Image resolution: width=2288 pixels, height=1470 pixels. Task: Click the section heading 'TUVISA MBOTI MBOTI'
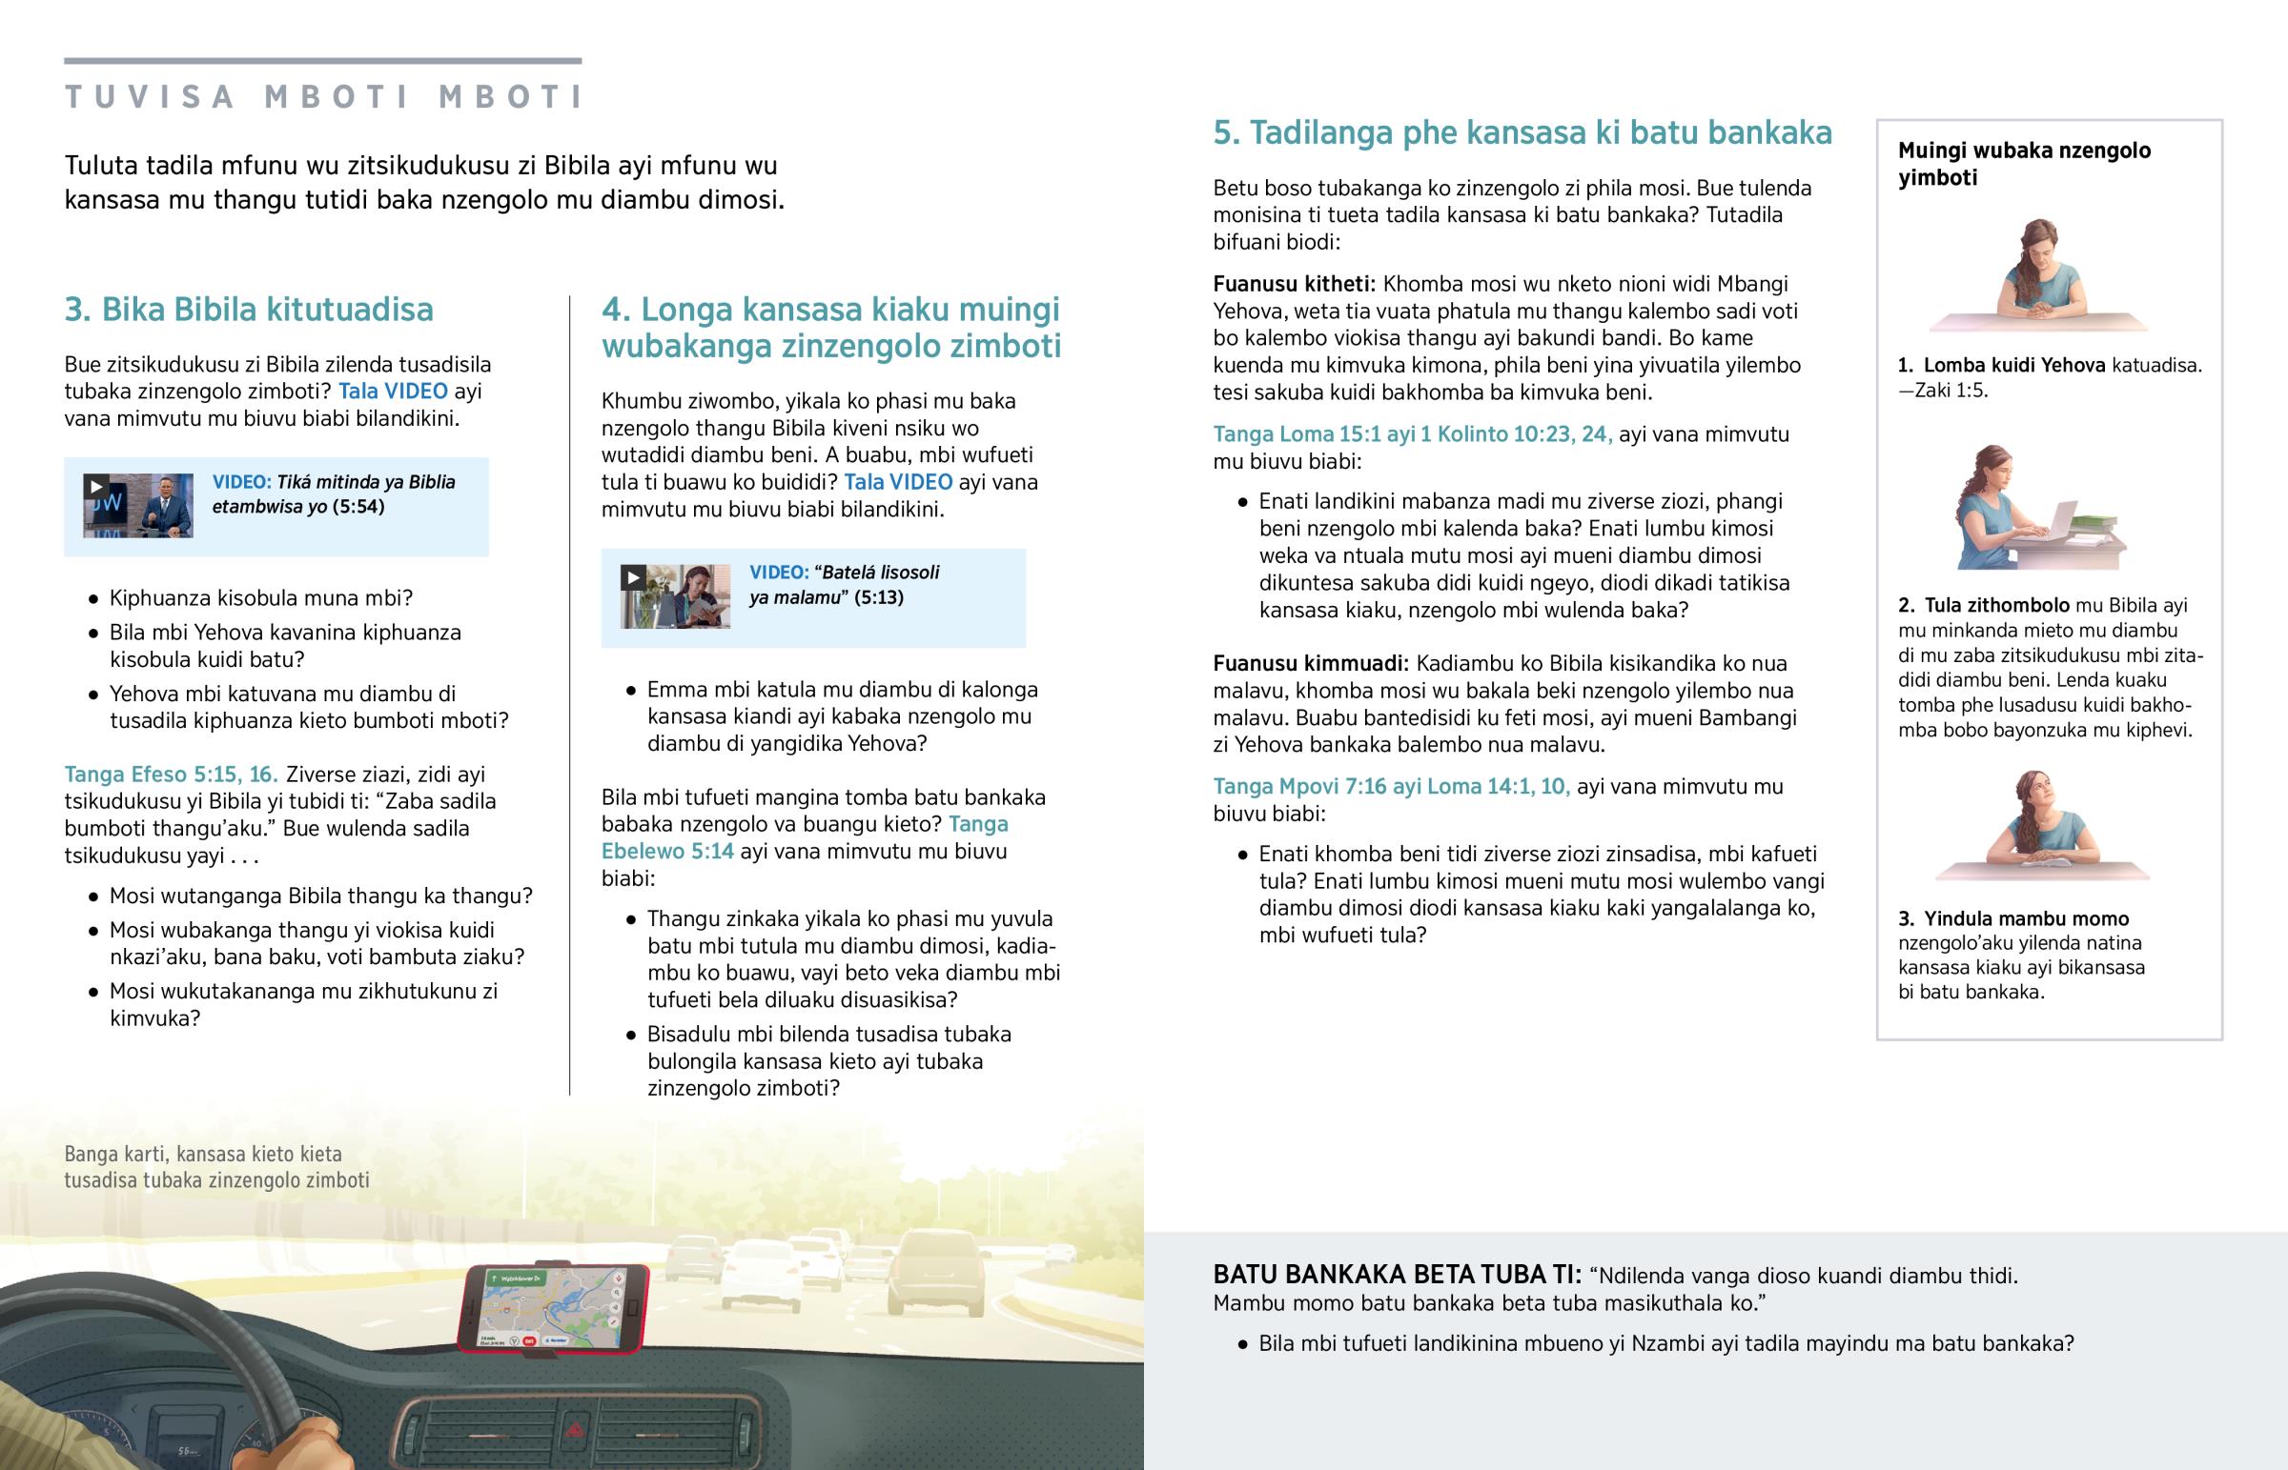tap(324, 97)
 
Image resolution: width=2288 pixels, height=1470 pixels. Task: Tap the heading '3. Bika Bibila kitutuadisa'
tap(248, 310)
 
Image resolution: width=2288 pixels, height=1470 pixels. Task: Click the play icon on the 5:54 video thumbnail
tap(95, 487)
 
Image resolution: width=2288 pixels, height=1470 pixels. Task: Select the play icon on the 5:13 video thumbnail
tap(632, 577)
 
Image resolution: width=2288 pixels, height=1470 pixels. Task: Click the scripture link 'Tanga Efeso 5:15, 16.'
tap(171, 775)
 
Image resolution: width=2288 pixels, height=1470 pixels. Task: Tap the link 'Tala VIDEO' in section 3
tap(393, 392)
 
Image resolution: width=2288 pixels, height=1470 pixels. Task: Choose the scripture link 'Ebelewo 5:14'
tap(667, 852)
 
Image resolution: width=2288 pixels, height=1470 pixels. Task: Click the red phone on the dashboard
tap(554, 1308)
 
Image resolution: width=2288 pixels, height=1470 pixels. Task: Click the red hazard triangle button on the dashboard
tap(577, 1430)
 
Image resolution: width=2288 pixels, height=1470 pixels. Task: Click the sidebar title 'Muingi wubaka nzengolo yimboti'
tap(2024, 163)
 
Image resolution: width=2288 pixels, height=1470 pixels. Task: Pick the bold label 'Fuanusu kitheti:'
tap(1294, 285)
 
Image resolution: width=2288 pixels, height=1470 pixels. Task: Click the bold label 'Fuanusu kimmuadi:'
tap(1310, 663)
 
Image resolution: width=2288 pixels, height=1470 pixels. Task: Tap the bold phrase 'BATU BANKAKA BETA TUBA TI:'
tap(1397, 1276)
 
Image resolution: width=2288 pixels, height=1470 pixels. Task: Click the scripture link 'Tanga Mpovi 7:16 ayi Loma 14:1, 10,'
tap(1391, 787)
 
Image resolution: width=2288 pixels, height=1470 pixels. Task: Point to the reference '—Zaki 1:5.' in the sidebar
tap(1942, 391)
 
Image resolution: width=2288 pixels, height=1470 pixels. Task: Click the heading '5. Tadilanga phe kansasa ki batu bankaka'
tap(1522, 132)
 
